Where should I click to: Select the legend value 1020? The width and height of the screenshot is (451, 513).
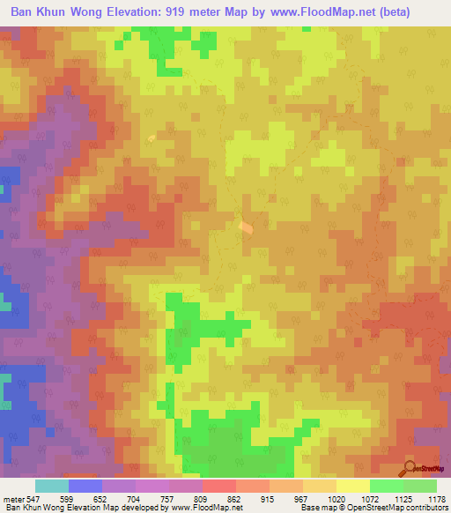(x=335, y=498)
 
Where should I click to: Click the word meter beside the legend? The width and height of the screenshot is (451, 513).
(x=13, y=498)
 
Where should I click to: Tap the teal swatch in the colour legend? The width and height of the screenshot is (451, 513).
(x=52, y=486)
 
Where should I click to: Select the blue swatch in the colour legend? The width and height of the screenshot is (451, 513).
(x=85, y=486)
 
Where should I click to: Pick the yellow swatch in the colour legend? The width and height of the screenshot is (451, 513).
(x=352, y=486)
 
